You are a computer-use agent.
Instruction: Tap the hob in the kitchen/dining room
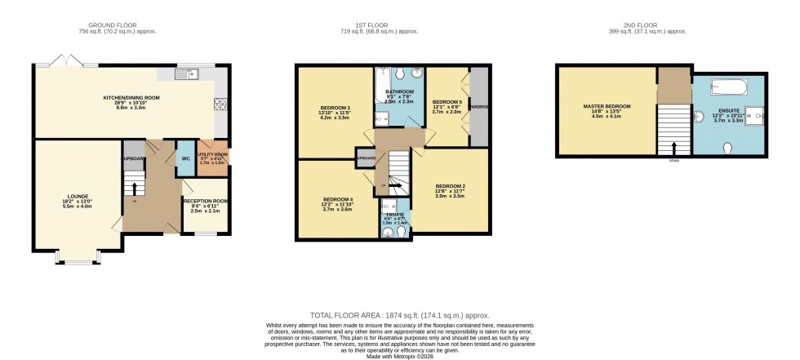pyautogui.click(x=219, y=104)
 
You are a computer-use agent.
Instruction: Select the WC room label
pyautogui.click(x=186, y=158)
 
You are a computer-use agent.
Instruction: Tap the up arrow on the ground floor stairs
pyautogui.click(x=136, y=189)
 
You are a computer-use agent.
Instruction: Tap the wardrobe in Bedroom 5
pyautogui.click(x=479, y=106)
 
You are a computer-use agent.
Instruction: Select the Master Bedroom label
pyautogui.click(x=606, y=109)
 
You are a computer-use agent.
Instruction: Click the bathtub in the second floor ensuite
pyautogui.click(x=729, y=85)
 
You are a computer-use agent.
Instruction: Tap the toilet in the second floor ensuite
pyautogui.click(x=728, y=148)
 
